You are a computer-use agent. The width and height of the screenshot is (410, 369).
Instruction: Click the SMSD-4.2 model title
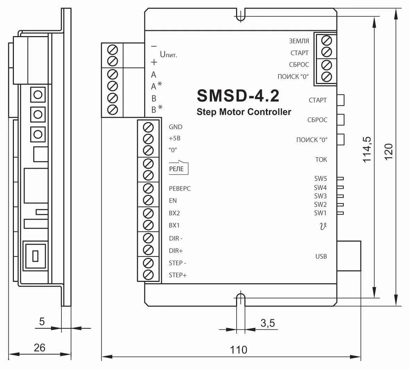click(x=238, y=96)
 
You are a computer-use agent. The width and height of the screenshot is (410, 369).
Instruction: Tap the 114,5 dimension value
click(x=367, y=150)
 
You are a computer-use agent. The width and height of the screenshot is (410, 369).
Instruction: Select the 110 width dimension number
click(x=239, y=350)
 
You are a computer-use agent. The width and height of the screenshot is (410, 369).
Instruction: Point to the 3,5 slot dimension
click(x=268, y=323)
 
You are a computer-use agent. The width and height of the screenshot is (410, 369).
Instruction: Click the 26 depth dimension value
click(x=40, y=347)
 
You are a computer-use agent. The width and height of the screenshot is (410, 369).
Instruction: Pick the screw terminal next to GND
click(x=148, y=128)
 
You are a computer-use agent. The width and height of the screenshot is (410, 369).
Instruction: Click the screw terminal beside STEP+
click(x=148, y=275)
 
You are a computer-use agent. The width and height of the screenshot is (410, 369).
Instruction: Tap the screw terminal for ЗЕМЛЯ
click(x=326, y=41)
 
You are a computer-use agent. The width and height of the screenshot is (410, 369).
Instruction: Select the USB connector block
click(x=349, y=256)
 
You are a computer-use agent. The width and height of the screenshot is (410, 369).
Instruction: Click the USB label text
click(x=321, y=256)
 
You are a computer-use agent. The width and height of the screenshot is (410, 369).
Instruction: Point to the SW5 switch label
click(x=320, y=178)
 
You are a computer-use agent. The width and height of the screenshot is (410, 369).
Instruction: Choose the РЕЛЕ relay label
click(x=176, y=169)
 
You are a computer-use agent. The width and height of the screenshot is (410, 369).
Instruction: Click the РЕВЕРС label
click(x=180, y=188)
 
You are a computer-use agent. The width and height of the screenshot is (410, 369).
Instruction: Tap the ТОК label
click(x=321, y=160)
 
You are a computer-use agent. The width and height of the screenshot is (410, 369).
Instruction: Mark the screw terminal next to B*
click(x=113, y=110)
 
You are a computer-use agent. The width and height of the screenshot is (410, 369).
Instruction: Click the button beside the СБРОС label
click(x=341, y=120)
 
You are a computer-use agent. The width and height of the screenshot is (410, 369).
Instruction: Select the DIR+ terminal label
click(x=176, y=251)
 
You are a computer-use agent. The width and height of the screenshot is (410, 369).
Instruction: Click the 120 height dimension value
click(x=388, y=152)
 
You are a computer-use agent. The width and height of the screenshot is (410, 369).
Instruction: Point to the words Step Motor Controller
click(x=244, y=112)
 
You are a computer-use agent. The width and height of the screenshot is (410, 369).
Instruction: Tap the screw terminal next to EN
click(x=148, y=201)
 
